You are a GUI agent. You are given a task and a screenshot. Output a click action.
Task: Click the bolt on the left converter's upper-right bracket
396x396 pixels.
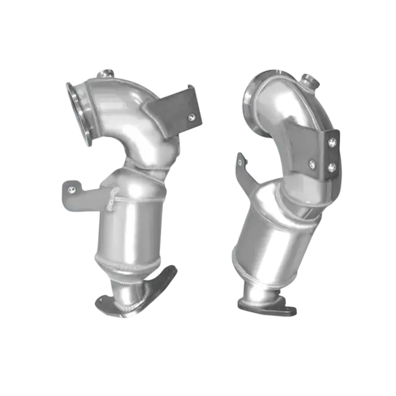click(x=191, y=116)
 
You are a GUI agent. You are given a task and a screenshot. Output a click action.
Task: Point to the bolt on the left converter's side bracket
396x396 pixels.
click(x=71, y=190)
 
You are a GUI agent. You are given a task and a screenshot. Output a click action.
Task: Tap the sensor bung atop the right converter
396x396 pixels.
click(x=309, y=83)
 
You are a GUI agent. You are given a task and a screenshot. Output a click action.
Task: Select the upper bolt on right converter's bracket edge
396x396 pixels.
click(x=331, y=143)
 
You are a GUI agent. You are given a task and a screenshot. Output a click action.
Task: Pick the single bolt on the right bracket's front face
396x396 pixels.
click(x=312, y=163)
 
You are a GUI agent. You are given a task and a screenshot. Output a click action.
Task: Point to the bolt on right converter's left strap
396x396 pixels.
click(x=240, y=162)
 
